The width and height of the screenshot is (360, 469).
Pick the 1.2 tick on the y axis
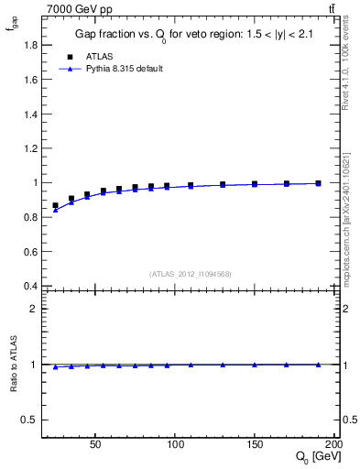coord(30,147)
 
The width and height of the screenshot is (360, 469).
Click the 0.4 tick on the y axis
coord(30,286)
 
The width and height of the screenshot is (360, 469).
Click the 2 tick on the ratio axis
coord(34,309)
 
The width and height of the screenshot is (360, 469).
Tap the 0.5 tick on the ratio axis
coord(30,420)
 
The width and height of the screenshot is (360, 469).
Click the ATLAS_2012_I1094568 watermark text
coord(191,274)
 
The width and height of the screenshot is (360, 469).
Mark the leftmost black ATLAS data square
coord(55,206)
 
